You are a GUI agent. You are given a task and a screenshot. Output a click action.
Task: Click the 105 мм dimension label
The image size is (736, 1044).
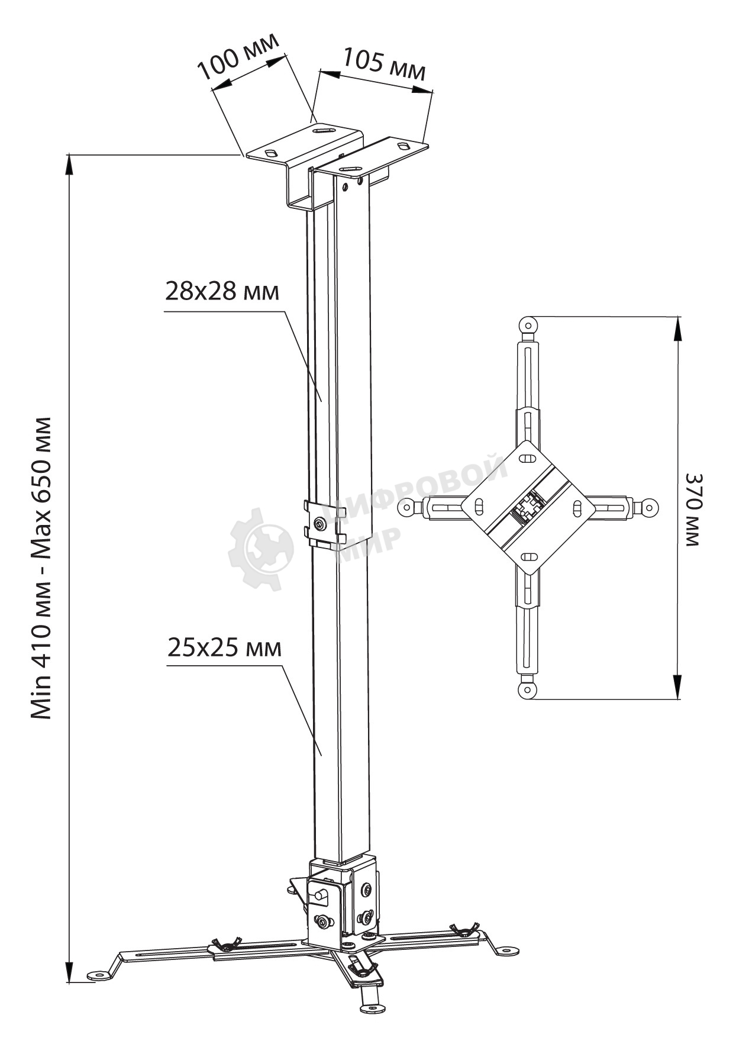coord(384,65)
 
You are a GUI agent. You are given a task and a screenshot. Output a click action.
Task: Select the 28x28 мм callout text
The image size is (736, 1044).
coord(221,291)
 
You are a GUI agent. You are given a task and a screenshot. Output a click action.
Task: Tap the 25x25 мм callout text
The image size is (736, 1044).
coord(224,647)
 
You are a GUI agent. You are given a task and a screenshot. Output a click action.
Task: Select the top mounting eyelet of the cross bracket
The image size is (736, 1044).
coord(527,324)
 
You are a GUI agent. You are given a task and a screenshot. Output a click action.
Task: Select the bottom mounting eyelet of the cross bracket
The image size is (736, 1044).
coord(527,690)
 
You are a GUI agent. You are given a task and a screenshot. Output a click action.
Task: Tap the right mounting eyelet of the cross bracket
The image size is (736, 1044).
coord(650,507)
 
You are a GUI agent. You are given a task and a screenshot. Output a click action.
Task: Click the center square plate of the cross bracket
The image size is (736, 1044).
coord(528,507)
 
